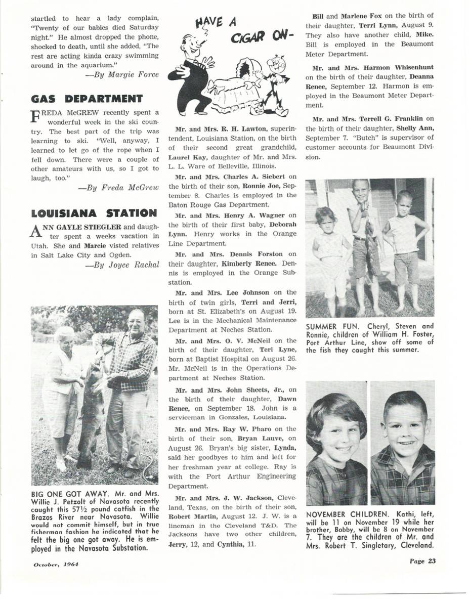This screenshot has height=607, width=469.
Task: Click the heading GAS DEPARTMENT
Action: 87,98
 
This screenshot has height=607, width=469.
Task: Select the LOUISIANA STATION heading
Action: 94,212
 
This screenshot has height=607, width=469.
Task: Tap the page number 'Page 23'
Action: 419,560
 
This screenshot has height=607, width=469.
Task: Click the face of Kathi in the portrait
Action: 336,435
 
